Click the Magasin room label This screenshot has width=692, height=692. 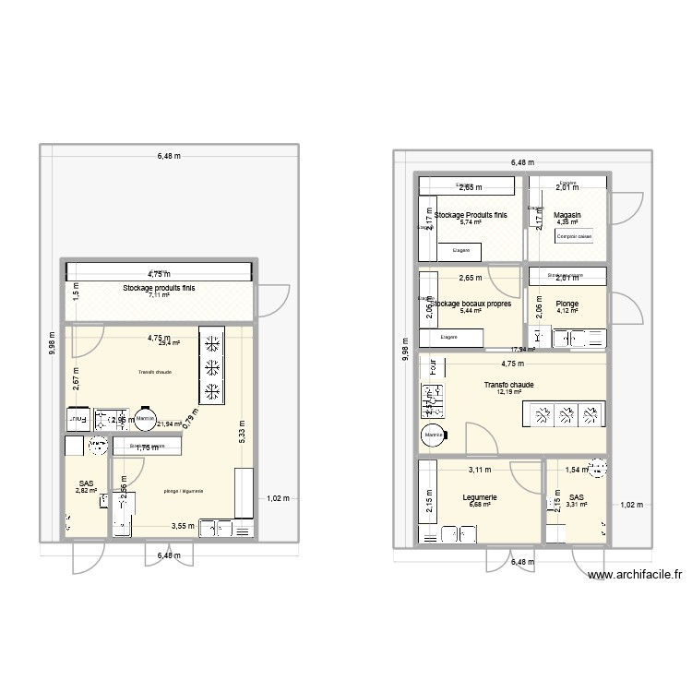[567, 214]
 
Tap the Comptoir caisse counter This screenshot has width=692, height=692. [573, 237]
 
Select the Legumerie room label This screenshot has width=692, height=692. [479, 496]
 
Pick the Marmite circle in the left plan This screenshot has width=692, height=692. [145, 420]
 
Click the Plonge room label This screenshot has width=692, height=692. [567, 303]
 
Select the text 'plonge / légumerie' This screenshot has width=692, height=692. [183, 490]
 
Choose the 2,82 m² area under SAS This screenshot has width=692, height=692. [86, 491]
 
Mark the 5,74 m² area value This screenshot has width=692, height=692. [471, 222]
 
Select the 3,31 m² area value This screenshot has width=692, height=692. [577, 505]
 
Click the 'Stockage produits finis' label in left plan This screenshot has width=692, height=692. [160, 288]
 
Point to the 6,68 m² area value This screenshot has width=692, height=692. [479, 505]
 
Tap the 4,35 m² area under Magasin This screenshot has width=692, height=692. [567, 222]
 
